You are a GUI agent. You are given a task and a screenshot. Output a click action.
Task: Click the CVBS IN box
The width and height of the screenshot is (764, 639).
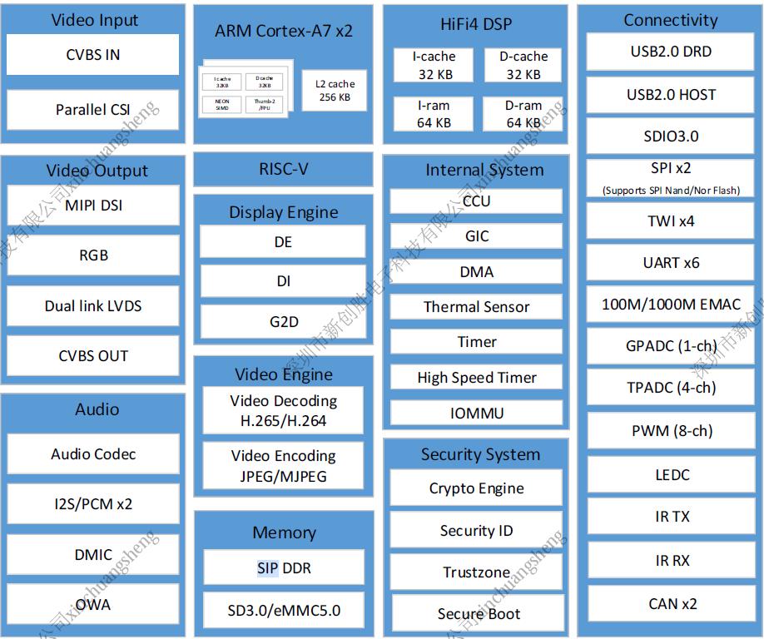(x=93, y=55)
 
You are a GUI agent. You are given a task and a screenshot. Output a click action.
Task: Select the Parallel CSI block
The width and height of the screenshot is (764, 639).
(x=93, y=109)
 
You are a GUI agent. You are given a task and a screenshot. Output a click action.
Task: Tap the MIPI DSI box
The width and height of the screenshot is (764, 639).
(x=93, y=206)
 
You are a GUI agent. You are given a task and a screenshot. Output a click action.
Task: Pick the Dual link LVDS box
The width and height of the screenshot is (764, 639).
(x=93, y=305)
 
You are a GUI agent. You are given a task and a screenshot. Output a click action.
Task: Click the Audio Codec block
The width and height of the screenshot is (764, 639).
(x=93, y=454)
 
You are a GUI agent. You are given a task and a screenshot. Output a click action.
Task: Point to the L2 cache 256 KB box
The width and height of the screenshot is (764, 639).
(x=334, y=90)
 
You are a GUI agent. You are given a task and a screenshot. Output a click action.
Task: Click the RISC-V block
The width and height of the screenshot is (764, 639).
(x=283, y=169)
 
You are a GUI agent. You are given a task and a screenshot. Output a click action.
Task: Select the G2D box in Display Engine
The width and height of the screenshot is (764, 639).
(x=283, y=322)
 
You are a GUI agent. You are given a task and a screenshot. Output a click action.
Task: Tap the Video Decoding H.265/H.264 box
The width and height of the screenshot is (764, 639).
(x=283, y=410)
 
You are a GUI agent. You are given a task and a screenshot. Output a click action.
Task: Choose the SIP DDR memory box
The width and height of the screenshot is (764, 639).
(x=283, y=568)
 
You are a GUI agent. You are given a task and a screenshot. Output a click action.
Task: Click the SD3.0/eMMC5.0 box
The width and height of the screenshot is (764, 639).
(x=283, y=610)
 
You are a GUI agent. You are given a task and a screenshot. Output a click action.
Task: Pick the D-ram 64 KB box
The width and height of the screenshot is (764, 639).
(x=523, y=114)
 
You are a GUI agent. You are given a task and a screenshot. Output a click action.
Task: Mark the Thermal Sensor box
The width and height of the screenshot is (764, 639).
(x=476, y=307)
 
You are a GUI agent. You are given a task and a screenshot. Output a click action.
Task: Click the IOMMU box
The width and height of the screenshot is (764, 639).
(x=476, y=413)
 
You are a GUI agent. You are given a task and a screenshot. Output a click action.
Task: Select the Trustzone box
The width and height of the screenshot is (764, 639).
(x=476, y=572)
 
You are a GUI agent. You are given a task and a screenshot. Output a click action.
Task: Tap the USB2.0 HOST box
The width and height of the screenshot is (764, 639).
(x=671, y=95)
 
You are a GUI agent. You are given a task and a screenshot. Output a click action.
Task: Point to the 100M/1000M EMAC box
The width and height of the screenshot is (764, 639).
(x=671, y=305)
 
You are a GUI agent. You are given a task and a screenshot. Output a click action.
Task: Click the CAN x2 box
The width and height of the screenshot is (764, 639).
(x=671, y=604)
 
